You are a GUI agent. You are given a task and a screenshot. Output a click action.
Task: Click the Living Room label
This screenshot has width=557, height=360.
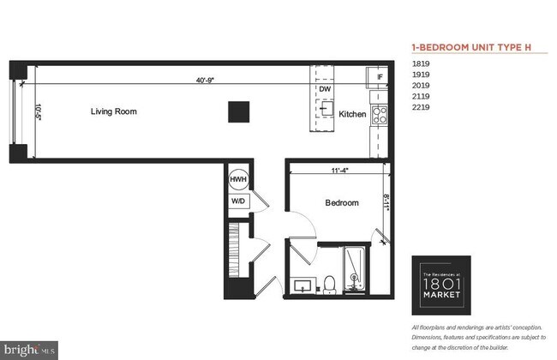[115, 111]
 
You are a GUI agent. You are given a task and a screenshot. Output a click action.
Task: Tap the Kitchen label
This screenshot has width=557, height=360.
[352, 114]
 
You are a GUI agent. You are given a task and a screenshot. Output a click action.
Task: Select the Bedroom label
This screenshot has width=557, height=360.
[341, 203]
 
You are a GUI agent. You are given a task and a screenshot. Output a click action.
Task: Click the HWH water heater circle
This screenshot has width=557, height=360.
[238, 181]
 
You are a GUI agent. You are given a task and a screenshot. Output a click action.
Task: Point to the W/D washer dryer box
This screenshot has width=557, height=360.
[237, 201]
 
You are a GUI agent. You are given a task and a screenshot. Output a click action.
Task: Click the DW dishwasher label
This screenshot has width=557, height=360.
[325, 88]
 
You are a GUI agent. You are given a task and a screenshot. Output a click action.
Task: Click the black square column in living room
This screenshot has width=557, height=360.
[238, 112]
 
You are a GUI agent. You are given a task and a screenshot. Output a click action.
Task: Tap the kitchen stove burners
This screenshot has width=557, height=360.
[377, 115]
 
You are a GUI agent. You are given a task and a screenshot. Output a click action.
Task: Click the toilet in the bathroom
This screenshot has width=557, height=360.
[329, 284]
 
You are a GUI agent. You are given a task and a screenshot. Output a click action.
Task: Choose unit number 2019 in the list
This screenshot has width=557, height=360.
[421, 86]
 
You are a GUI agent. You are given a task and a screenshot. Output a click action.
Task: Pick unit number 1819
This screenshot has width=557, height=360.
[421, 63]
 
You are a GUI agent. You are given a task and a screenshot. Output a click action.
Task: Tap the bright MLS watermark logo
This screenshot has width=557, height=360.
[30, 350]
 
